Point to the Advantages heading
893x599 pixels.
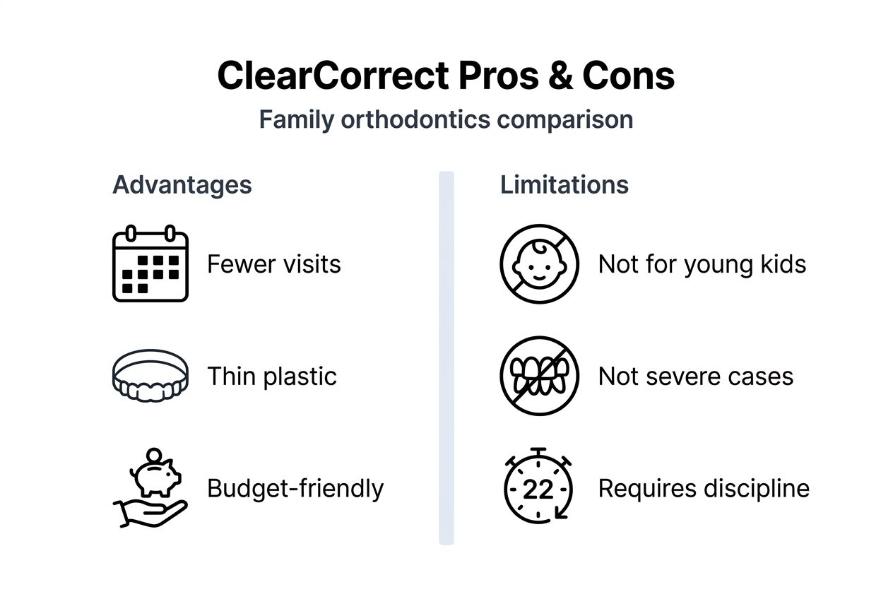click(182, 184)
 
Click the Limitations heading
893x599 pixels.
click(564, 184)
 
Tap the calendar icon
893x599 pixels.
click(150, 263)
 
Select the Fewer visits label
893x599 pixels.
click(273, 264)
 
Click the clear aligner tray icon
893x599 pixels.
click(150, 376)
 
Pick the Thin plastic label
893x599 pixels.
click(271, 376)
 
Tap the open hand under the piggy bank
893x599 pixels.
click(150, 511)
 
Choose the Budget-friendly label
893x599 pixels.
click(295, 488)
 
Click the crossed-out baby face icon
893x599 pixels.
click(539, 263)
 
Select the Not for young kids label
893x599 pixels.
click(702, 264)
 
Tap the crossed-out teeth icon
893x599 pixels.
click(539, 376)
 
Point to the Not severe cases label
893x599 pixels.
click(695, 376)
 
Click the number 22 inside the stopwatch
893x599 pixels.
click(538, 490)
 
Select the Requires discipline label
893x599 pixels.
click(703, 488)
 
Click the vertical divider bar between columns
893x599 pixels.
click(446, 357)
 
